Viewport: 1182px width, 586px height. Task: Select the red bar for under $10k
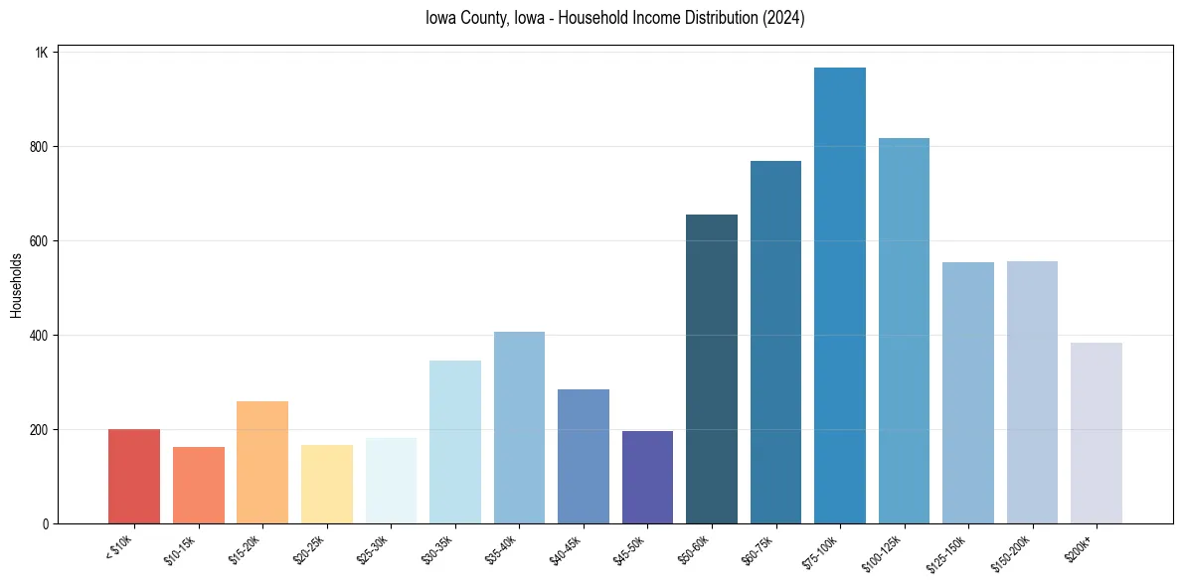(134, 477)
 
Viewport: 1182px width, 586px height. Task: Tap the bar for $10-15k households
(199, 486)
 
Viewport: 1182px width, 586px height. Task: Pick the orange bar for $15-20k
(262, 463)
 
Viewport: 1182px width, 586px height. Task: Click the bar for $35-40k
(519, 428)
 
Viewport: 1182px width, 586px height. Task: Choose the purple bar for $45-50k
(647, 478)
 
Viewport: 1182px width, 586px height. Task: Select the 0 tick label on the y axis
(46, 524)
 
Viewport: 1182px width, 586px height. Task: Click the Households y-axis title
(17, 285)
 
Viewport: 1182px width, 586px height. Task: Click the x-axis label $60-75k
(758, 547)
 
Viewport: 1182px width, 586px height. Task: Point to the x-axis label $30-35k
(436, 547)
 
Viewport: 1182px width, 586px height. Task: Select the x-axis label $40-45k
(565, 547)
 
